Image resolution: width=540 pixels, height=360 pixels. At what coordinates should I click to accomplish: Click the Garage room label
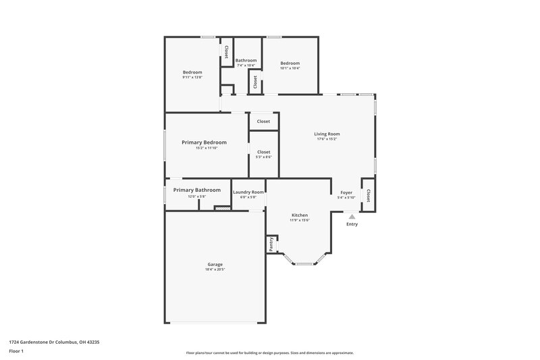[x=215, y=264]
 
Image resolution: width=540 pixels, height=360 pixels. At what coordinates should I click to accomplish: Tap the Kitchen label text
[x=298, y=215]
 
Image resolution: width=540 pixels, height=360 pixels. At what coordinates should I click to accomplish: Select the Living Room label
[x=327, y=134]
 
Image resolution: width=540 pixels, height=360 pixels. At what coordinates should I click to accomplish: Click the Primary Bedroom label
[x=204, y=143]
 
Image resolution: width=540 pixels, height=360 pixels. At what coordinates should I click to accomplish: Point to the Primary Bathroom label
[x=196, y=190]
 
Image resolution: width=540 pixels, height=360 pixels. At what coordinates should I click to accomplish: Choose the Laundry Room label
[x=248, y=192]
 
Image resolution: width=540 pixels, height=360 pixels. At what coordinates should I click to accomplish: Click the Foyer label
[x=346, y=192]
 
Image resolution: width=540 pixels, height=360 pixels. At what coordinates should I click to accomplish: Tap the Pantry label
[x=271, y=245]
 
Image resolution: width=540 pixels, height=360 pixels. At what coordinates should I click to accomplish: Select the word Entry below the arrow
[x=352, y=224]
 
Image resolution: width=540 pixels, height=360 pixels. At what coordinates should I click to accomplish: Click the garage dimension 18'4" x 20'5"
[x=215, y=269]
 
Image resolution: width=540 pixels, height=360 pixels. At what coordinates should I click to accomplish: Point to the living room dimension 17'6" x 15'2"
[x=327, y=139]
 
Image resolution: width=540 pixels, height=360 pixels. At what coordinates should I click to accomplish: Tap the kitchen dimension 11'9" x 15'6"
[x=298, y=220]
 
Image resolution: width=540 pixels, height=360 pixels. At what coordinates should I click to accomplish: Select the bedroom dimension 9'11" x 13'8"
[x=192, y=77]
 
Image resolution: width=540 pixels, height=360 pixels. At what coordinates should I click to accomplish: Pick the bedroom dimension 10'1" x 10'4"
[x=290, y=68]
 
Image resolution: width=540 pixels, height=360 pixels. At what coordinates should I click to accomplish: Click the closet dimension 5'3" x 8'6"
[x=263, y=157]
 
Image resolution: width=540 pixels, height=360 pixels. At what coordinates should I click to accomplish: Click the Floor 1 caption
[x=16, y=351]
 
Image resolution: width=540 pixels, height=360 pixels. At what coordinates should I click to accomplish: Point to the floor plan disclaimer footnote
[x=269, y=353]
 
